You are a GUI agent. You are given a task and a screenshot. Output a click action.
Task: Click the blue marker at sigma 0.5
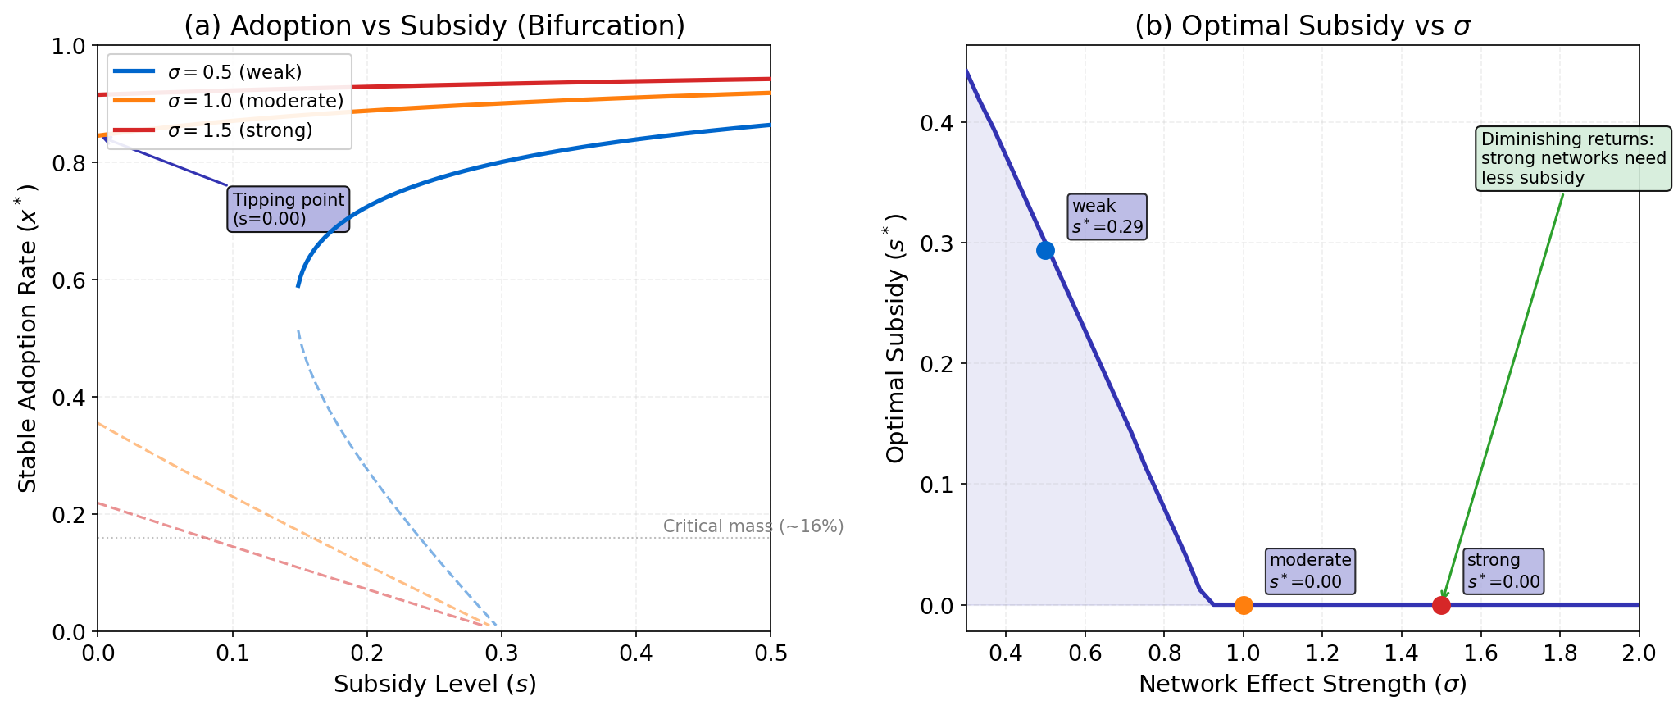(x=1045, y=250)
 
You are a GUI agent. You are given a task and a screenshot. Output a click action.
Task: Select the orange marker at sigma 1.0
(x=1244, y=605)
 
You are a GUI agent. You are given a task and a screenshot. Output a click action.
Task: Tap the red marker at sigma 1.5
(x=1441, y=605)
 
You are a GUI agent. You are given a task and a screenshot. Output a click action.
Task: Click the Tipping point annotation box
(x=289, y=209)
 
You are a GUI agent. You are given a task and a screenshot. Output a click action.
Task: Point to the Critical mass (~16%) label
(x=753, y=526)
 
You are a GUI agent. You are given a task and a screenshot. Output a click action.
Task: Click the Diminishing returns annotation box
(x=1573, y=158)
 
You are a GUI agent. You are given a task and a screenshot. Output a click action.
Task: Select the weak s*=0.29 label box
(x=1107, y=216)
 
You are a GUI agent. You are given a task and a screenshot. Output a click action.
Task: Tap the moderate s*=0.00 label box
(x=1310, y=571)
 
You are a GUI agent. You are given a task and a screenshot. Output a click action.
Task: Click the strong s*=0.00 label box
(x=1503, y=571)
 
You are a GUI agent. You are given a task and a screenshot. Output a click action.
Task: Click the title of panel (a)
(x=434, y=25)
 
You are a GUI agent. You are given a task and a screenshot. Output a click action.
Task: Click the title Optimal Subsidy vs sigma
(x=1303, y=25)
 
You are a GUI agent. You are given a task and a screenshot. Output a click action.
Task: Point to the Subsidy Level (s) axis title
(x=434, y=684)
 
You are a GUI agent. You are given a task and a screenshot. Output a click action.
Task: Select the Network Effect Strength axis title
(x=1303, y=684)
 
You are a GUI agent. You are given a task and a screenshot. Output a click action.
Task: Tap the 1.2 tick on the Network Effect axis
(x=1322, y=653)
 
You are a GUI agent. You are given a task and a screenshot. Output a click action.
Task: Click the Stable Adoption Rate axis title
(x=28, y=338)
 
